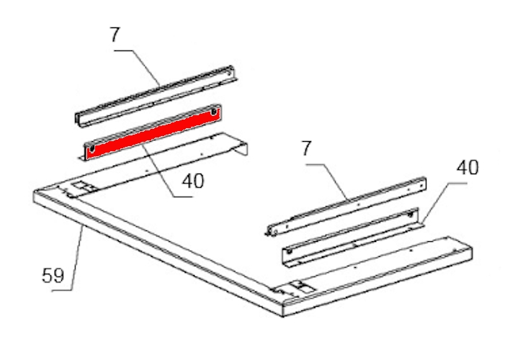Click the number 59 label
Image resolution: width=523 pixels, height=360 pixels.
pos(53,276)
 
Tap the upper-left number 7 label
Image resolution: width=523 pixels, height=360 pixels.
pos(115,35)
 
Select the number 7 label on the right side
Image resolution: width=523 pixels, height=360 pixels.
pos(306,148)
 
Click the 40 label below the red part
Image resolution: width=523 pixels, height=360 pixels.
pos(193,181)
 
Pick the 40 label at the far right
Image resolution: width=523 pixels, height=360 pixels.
pos(468,168)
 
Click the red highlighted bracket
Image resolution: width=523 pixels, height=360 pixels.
pos(153,132)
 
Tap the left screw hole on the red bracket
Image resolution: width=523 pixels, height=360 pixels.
pos(92,148)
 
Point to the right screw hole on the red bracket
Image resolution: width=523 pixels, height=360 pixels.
pos(214,112)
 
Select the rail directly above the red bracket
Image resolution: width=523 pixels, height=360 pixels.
pos(155,96)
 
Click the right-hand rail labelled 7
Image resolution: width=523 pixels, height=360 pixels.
pos(347,207)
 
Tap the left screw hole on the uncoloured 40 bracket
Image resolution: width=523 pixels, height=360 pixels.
pos(289,251)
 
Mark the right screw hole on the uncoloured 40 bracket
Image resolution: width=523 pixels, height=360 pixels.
pos(410,215)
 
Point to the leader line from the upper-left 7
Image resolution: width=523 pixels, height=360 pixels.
pos(137,68)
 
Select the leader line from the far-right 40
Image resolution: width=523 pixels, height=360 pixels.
pos(444,202)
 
